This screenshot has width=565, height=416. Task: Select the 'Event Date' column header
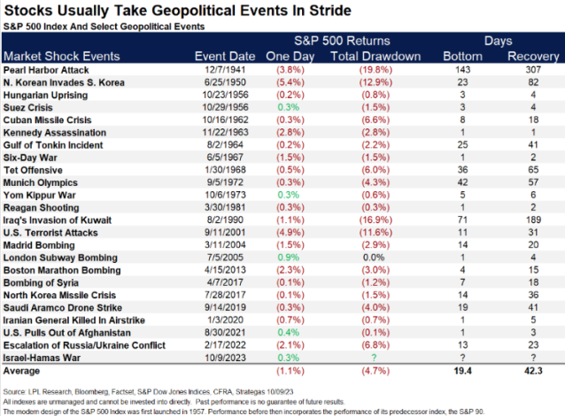click(x=223, y=56)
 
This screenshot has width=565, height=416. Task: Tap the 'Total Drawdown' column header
click(x=368, y=56)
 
